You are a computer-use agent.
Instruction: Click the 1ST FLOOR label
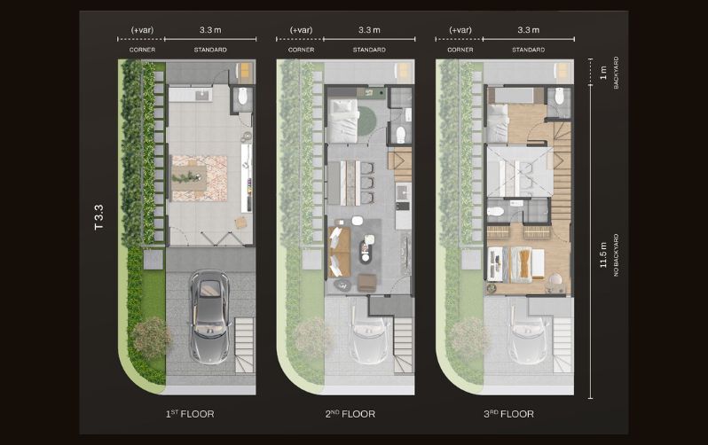[x=190, y=414]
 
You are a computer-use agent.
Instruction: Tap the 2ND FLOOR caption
[x=350, y=414]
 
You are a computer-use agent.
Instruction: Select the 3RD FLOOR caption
[x=508, y=414]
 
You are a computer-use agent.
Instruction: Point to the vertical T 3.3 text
[x=98, y=217]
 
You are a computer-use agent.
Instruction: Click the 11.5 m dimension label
[x=603, y=255]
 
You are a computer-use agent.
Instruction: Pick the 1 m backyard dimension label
[x=603, y=72]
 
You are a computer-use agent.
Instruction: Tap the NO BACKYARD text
[x=616, y=255]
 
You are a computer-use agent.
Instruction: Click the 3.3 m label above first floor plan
[x=210, y=30]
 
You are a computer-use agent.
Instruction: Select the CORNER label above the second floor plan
[x=301, y=50]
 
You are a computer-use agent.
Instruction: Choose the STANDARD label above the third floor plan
[x=528, y=50]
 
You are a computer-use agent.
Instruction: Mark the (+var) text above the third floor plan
[x=460, y=30]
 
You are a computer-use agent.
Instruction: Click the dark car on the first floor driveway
[x=209, y=316]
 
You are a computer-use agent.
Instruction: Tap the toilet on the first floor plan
[x=242, y=96]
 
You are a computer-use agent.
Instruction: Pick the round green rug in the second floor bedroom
[x=367, y=118]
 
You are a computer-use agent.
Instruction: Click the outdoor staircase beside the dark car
[x=245, y=345]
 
